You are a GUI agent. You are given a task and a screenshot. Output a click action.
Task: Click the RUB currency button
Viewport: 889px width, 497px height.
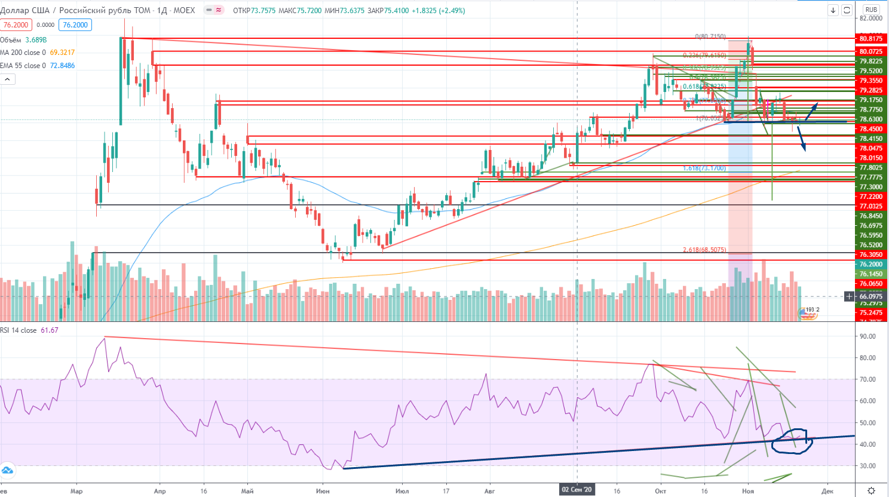(871, 10)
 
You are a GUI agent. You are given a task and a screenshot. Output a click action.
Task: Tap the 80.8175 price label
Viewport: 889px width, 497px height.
(871, 39)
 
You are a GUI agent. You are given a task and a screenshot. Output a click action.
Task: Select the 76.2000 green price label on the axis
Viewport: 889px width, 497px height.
(871, 264)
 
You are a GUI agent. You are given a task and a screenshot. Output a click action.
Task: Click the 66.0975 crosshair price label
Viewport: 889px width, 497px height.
(871, 296)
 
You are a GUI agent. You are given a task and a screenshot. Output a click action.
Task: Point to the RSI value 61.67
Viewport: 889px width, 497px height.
(50, 330)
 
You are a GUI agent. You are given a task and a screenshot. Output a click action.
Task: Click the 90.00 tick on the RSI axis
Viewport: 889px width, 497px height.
(867, 336)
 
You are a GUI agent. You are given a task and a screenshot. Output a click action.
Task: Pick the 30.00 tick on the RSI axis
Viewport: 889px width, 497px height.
(867, 466)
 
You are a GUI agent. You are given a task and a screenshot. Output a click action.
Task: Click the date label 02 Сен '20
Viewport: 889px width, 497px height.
(577, 490)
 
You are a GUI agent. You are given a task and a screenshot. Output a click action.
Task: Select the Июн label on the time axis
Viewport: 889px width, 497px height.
(323, 491)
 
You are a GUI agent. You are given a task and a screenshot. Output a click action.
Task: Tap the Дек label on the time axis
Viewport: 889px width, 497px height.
(827, 491)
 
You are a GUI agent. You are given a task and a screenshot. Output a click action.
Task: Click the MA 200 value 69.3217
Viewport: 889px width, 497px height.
(62, 53)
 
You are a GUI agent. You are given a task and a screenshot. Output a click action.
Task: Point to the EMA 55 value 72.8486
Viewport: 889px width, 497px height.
(63, 66)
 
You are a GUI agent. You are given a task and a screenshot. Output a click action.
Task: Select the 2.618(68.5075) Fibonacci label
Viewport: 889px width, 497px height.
(704, 250)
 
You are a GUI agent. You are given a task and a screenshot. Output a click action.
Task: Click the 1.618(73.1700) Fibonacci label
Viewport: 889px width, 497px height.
(704, 168)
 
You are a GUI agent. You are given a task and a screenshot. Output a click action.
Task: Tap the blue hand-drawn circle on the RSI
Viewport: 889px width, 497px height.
(790, 441)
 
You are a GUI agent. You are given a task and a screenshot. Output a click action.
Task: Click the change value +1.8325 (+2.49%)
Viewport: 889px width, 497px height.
(438, 11)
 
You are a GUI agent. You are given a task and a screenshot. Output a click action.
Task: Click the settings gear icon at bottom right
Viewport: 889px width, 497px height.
(871, 490)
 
